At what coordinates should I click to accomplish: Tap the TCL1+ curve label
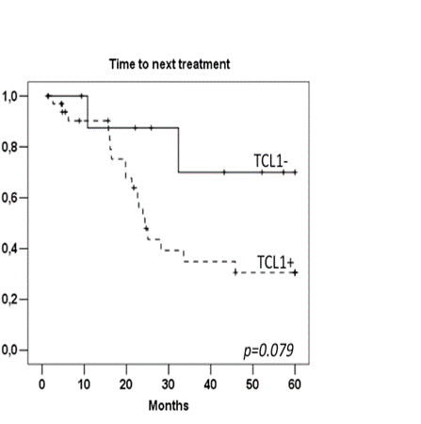click(273, 261)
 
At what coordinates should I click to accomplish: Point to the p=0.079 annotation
click(269, 351)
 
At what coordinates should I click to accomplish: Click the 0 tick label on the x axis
click(42, 383)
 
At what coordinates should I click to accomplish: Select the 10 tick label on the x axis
click(84, 383)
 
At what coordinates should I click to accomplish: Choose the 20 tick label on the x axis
click(126, 383)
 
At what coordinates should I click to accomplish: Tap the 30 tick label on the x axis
click(169, 383)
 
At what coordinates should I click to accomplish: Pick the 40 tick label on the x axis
click(210, 383)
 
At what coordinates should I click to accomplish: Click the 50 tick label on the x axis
click(252, 383)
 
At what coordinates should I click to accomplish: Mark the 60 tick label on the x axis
click(295, 383)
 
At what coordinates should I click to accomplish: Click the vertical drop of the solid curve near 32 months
click(178, 150)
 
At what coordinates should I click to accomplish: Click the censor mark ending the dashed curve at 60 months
click(295, 272)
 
